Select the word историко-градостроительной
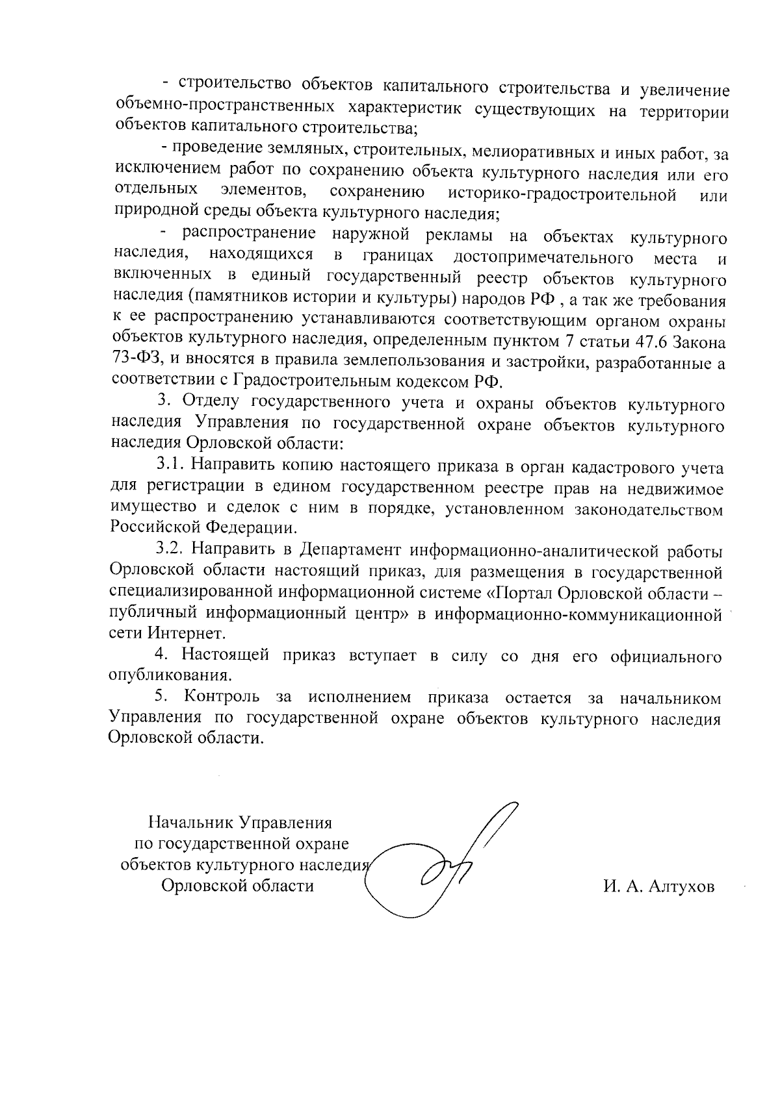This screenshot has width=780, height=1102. (562, 194)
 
